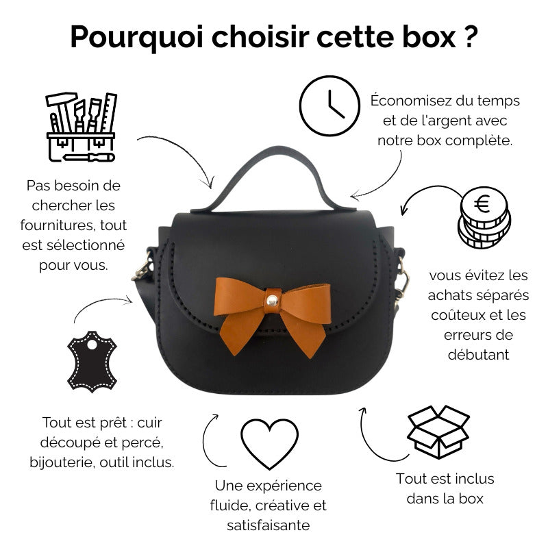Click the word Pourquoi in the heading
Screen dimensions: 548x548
point(136,38)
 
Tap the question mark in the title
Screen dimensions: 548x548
point(471,36)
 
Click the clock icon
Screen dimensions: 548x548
point(329,105)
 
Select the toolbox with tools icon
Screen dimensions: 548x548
point(81,127)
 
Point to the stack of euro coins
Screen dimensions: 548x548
point(484,217)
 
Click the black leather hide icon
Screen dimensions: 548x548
point(92,362)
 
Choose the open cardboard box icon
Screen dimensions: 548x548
point(438,432)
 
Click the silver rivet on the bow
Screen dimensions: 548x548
point(272,300)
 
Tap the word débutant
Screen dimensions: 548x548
point(478,355)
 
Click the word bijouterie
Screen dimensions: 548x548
point(62,463)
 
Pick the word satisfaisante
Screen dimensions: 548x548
point(268,525)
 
